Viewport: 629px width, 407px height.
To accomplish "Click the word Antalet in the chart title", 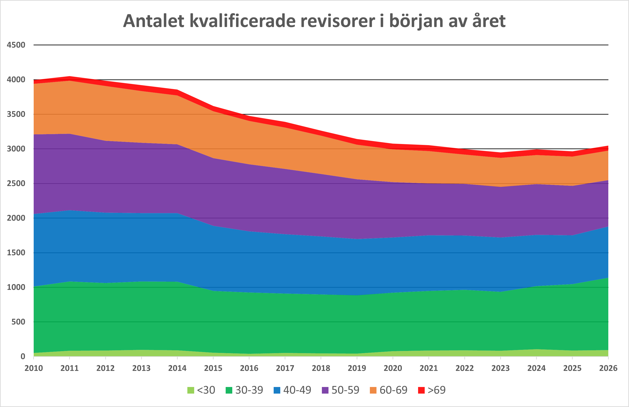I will click(x=153, y=21).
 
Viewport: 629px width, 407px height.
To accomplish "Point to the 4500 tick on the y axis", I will click(x=16, y=45).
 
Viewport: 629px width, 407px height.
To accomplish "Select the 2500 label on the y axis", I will click(x=16, y=183).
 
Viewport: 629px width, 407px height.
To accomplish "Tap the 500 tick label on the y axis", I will click(x=18, y=322).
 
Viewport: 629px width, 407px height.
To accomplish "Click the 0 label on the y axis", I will click(x=23, y=356).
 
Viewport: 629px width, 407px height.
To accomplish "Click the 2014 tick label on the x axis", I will click(x=177, y=368).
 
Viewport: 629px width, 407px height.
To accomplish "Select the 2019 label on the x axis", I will click(x=357, y=368).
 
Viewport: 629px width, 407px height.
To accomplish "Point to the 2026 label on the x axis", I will click(x=608, y=368).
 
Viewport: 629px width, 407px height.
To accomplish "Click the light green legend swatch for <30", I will click(x=191, y=390).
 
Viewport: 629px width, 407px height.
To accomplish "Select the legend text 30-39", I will click(x=249, y=390).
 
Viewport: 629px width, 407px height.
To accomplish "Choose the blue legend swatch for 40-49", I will click(x=277, y=390).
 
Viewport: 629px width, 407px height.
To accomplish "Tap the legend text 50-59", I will click(x=345, y=390).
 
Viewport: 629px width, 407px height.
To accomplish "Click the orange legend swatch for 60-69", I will click(x=373, y=390).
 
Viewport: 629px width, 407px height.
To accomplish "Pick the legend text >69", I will click(x=437, y=390).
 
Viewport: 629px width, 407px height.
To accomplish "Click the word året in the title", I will click(x=489, y=21).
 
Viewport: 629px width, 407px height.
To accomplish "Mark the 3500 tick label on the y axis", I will click(x=16, y=114).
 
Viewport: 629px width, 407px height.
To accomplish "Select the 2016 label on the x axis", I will click(x=249, y=368).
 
